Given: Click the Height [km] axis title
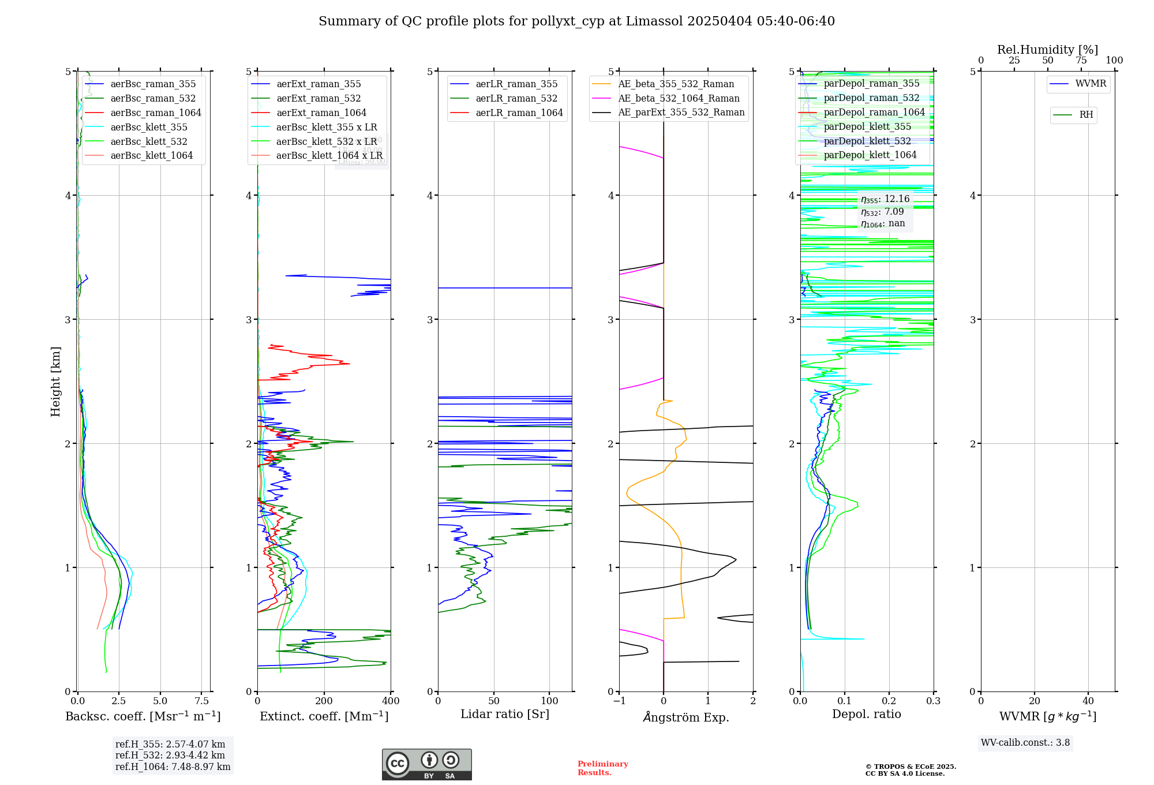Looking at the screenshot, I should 55,382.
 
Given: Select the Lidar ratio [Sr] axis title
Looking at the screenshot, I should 505,715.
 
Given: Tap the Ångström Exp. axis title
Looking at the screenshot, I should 686,717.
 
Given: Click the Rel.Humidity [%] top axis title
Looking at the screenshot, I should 1047,50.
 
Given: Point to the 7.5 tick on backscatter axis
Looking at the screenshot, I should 202,701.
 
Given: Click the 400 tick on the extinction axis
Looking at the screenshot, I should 391,701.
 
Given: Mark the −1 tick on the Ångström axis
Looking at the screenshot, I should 619,701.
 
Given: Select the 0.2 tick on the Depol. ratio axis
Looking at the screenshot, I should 889,701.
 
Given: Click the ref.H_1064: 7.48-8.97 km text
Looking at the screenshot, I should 173,767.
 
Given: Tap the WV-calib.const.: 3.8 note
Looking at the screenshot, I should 1025,743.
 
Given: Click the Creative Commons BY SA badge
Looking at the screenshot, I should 426,765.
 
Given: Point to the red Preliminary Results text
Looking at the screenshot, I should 602,768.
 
